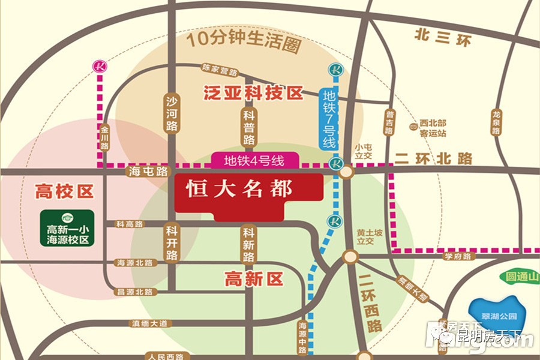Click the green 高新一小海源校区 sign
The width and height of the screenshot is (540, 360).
point(67,227)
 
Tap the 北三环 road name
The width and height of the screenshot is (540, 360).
point(443,37)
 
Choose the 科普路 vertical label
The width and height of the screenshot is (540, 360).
point(249,127)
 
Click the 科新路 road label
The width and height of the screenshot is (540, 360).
point(248,243)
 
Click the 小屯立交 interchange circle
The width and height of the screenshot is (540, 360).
point(346,172)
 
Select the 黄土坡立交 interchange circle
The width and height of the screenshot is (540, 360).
point(349,256)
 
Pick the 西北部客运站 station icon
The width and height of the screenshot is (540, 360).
point(414,127)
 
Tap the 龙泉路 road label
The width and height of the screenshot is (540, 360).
point(496,123)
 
